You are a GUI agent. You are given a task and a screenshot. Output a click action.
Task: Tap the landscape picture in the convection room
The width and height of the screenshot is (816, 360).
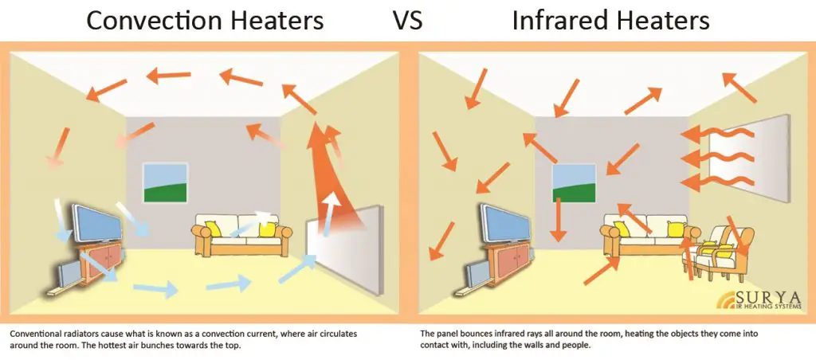tap(165, 183)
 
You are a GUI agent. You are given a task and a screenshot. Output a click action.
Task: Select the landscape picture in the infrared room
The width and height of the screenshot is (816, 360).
tap(575, 185)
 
